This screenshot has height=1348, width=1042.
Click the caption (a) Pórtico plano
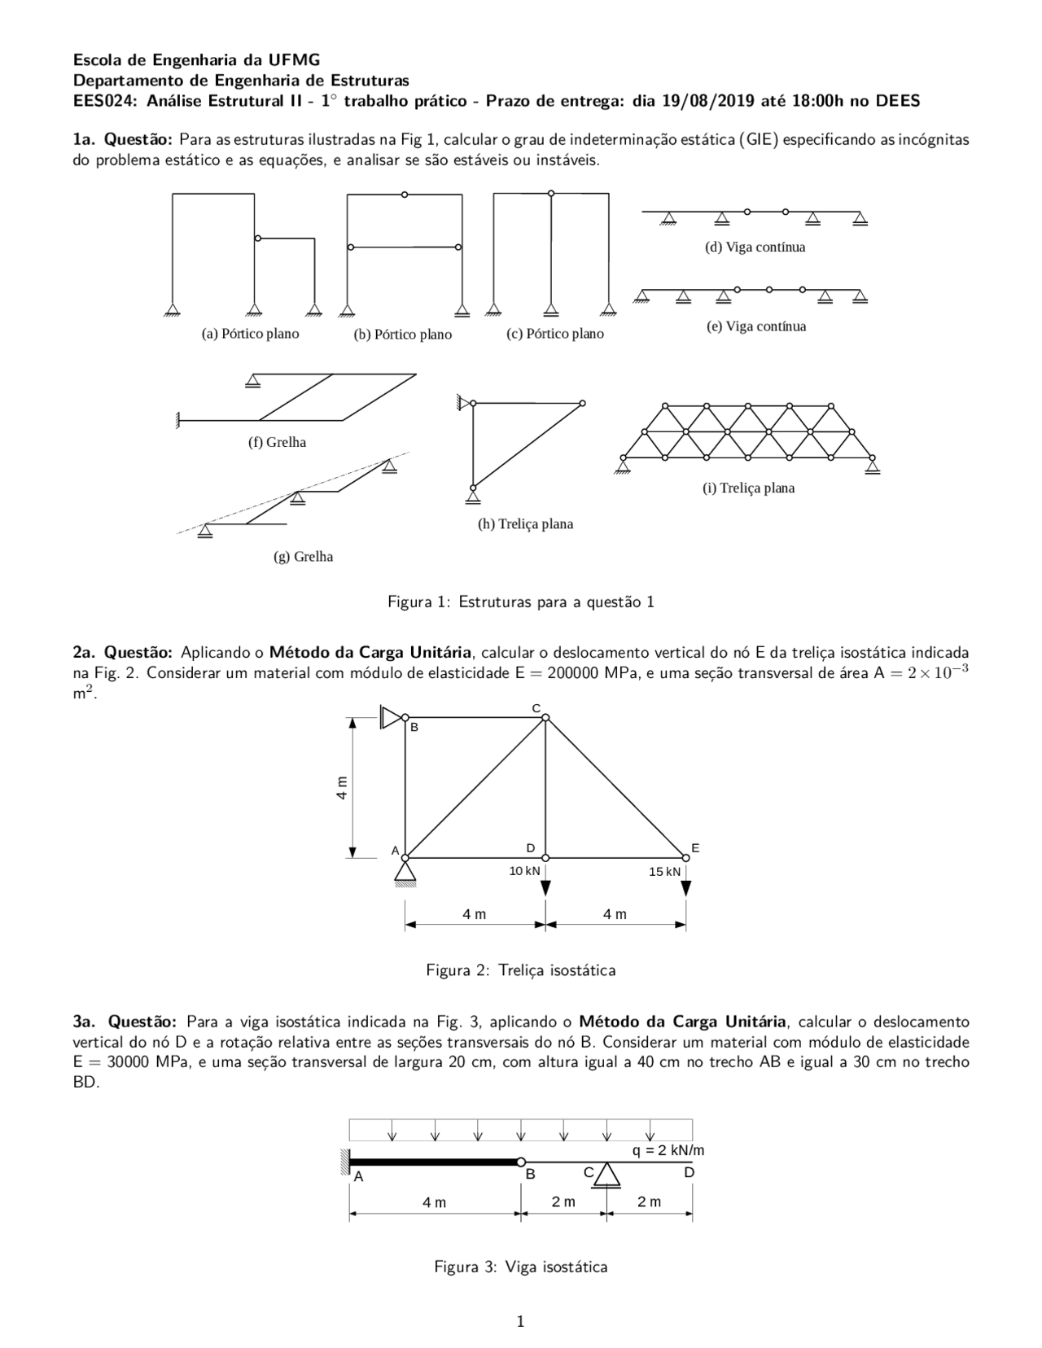pos(250,334)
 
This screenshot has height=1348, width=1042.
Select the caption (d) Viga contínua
pos(755,247)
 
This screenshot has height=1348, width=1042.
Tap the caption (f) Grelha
pos(277,442)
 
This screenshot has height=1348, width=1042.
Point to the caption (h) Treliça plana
pos(525,524)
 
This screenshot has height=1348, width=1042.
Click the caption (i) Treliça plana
pos(748,488)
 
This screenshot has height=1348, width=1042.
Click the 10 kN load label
pos(524,871)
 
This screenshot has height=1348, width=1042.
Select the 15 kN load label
pos(664,872)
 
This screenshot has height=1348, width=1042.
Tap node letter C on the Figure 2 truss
pos(536,707)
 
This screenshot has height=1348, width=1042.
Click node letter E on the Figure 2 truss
pos(695,848)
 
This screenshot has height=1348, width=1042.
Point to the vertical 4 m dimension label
pos(343,787)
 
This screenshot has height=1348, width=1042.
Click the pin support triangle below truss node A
pos(405,872)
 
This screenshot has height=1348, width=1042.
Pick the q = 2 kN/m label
pos(668,1150)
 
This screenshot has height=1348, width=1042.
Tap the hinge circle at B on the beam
pos(521,1162)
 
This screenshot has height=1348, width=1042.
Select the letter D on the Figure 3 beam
pos(689,1173)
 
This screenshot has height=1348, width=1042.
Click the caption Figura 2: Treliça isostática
pos(520,970)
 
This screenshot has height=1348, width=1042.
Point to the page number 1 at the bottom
pos(520,1321)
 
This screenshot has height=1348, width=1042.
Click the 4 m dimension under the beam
pos(434,1202)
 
